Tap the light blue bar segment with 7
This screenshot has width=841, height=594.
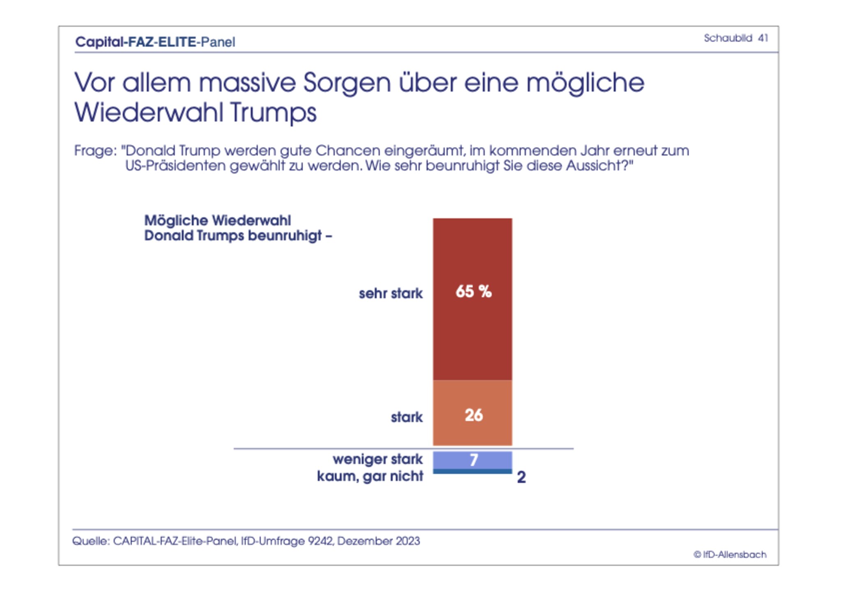click(x=472, y=460)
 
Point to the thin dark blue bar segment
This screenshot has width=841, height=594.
click(x=472, y=471)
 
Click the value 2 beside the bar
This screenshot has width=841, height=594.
click(x=521, y=477)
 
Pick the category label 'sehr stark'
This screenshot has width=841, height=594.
click(x=391, y=293)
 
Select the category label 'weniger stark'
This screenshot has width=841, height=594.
click(x=377, y=459)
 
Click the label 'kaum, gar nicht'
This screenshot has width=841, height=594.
click(x=370, y=476)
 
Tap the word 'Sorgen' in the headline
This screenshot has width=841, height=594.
click(x=347, y=83)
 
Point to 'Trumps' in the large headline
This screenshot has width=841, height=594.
click(x=273, y=112)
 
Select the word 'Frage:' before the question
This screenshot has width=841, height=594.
click(x=95, y=151)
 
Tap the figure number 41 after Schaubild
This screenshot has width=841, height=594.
click(x=763, y=38)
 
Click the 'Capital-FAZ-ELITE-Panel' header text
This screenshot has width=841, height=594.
click(x=155, y=42)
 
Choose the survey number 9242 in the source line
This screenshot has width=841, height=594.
click(x=320, y=541)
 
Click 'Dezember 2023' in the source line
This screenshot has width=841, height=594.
click(x=379, y=541)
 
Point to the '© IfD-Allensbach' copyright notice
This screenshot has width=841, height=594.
click(x=730, y=555)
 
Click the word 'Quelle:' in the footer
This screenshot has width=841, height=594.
click(x=91, y=541)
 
